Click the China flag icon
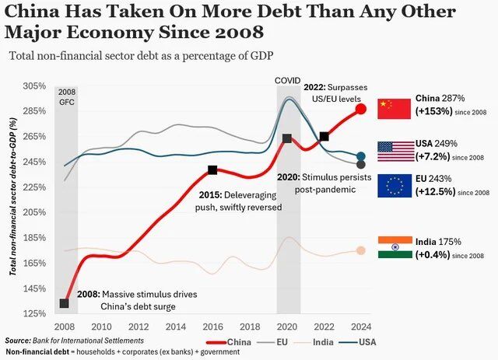393,108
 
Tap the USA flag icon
393,152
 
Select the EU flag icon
393,186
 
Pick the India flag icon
393,247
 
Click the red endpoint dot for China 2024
361,109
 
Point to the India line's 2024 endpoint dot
361,250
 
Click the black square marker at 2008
65,303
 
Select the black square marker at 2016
212,170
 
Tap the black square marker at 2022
324,136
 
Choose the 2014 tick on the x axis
176,327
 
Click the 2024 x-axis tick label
360,327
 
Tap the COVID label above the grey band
288,81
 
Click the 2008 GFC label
67,96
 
